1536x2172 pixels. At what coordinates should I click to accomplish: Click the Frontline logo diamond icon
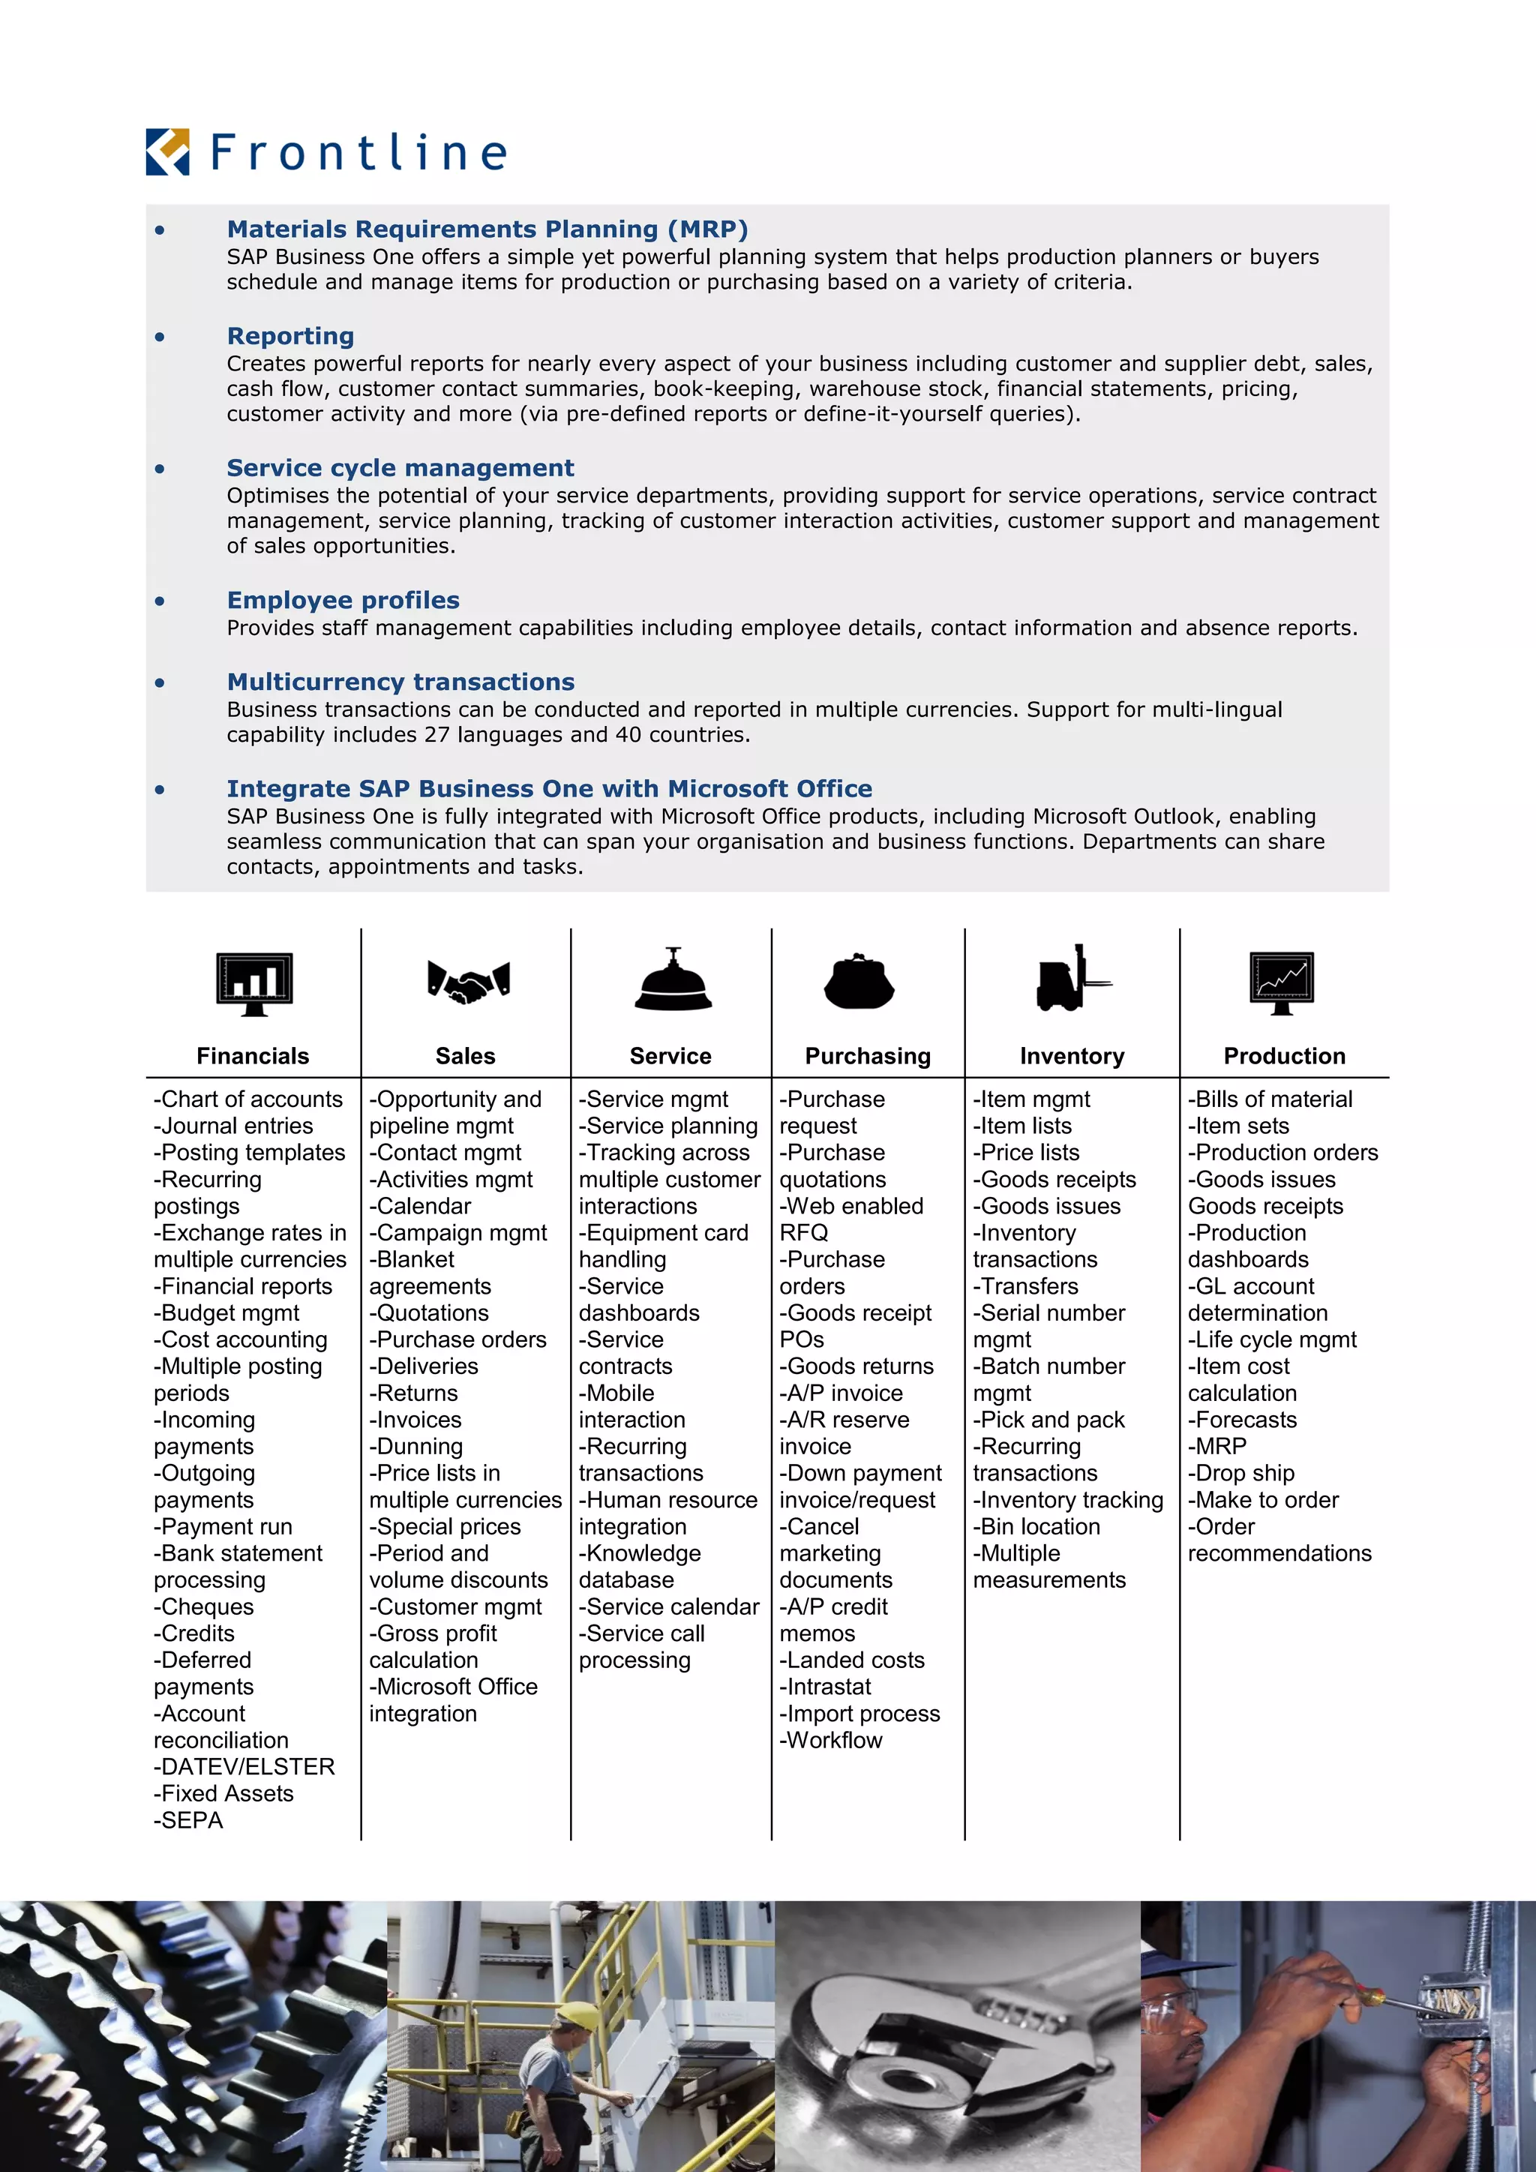(x=167, y=152)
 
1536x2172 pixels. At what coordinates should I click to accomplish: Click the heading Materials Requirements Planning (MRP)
(x=487, y=229)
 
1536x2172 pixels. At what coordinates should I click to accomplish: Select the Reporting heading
(x=290, y=336)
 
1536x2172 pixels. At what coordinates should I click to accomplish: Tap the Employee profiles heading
(x=343, y=600)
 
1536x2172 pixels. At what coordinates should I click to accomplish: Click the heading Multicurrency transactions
(x=400, y=682)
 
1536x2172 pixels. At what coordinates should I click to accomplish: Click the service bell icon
(x=673, y=981)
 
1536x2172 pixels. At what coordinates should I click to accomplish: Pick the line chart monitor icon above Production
(x=1282, y=982)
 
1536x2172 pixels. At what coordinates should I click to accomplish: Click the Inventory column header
(x=1072, y=1056)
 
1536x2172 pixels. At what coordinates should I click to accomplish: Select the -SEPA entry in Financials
(x=188, y=1820)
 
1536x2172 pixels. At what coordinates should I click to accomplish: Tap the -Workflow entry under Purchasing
(x=830, y=1740)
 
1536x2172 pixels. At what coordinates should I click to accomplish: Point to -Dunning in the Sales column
(x=416, y=1447)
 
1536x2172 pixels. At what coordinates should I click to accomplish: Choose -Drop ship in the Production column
(x=1241, y=1473)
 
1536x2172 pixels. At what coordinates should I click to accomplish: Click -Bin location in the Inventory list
(x=1036, y=1526)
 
